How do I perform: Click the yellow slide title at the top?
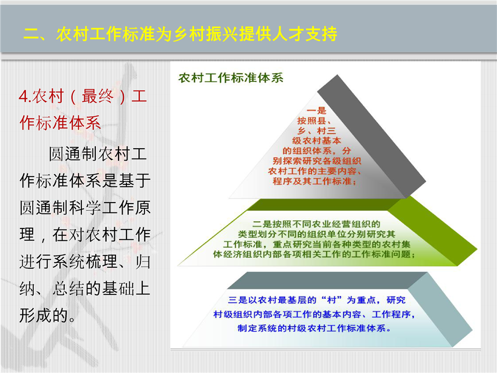pos(180,34)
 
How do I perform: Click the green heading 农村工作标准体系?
pos(231,78)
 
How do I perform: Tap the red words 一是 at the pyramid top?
pos(316,110)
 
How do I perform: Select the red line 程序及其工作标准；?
pos(315,181)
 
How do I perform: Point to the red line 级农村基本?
pos(317,140)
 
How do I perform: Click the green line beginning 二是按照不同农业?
pos(316,224)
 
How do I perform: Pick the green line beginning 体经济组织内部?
pos(314,254)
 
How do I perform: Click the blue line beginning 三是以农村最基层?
pos(317,300)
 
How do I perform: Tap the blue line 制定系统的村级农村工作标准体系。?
pos(314,328)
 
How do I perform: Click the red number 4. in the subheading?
pos(25,96)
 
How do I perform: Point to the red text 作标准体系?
pos(60,122)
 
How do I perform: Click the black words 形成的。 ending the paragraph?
pos(48,315)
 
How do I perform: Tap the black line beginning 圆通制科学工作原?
pos(85,208)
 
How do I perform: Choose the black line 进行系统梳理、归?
pos(85,262)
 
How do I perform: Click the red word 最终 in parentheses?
pos(98,96)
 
